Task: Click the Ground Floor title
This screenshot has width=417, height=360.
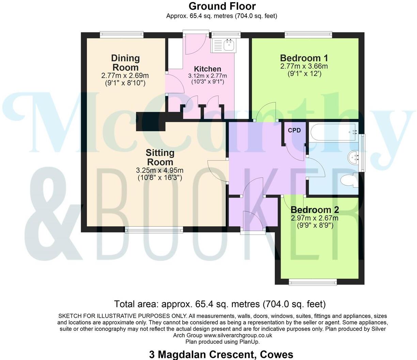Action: click(x=222, y=6)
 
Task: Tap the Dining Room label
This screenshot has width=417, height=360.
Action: click(x=125, y=62)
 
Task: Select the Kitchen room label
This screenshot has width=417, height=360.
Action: click(x=207, y=69)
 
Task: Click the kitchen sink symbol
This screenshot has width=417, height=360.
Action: click(x=229, y=44)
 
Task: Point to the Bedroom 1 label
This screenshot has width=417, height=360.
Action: click(x=304, y=58)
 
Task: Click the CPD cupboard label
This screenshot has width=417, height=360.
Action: click(x=294, y=130)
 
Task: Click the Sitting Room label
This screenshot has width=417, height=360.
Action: click(x=160, y=157)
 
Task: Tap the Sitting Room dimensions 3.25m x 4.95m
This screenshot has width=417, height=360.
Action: click(x=160, y=170)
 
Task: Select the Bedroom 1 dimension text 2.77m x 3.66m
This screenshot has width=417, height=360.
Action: click(x=304, y=66)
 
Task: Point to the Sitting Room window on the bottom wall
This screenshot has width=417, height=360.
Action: click(x=154, y=230)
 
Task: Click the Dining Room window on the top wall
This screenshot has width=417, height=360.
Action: click(x=122, y=35)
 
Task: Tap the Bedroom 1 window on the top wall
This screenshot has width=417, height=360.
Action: click(x=308, y=35)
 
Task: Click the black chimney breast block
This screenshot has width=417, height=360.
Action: click(x=150, y=121)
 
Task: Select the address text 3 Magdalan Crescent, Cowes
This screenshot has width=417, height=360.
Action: click(x=221, y=355)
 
